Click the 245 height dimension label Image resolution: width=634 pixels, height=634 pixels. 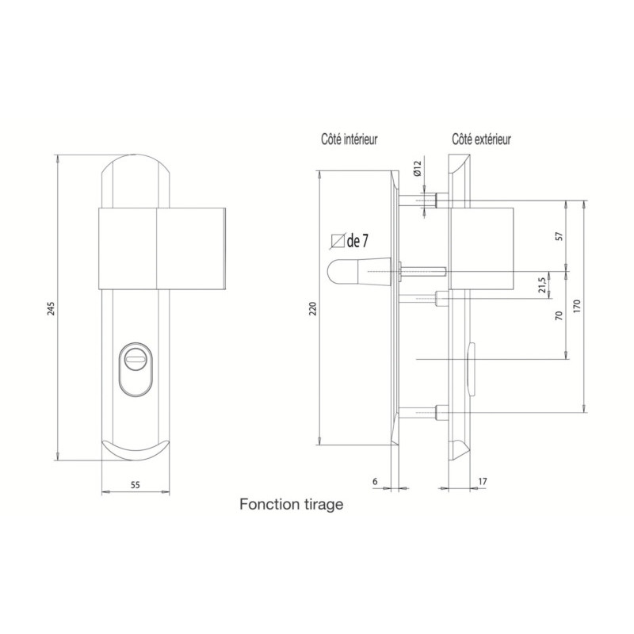tap(52, 307)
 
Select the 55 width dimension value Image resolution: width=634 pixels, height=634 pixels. tap(136, 485)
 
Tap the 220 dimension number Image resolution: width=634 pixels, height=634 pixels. tap(313, 308)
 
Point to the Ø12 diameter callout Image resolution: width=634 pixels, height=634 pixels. tap(418, 168)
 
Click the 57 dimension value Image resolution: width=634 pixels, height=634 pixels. tap(560, 236)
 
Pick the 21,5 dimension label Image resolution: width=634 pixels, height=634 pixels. tap(543, 284)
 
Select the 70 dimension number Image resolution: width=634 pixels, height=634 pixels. tap(560, 315)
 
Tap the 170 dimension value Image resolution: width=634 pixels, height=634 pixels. tap(577, 306)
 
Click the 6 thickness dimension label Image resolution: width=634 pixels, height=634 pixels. tap(375, 482)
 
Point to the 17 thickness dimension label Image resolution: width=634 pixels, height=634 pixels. tap(483, 482)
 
